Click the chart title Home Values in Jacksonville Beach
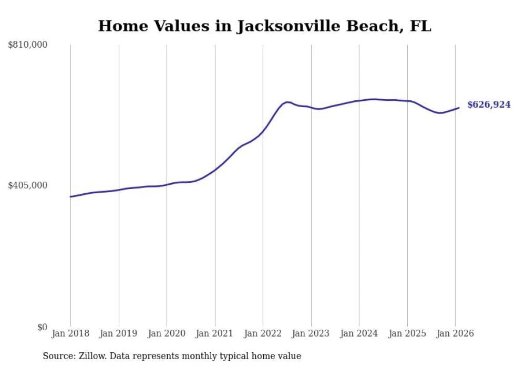point(264,26)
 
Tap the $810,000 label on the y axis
point(28,45)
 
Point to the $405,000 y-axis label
point(28,185)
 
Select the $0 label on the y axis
point(42,327)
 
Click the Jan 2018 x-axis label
point(70,333)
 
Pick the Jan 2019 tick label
point(119,333)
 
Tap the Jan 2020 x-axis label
point(167,333)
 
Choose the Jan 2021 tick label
point(215,333)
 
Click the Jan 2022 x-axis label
point(263,333)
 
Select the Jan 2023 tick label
point(311,333)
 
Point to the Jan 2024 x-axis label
point(359,333)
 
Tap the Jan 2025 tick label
point(407,333)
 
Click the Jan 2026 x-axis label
point(455,333)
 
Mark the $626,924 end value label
point(489,105)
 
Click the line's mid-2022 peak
point(287,102)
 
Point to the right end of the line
point(459,108)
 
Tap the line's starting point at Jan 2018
point(70,197)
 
